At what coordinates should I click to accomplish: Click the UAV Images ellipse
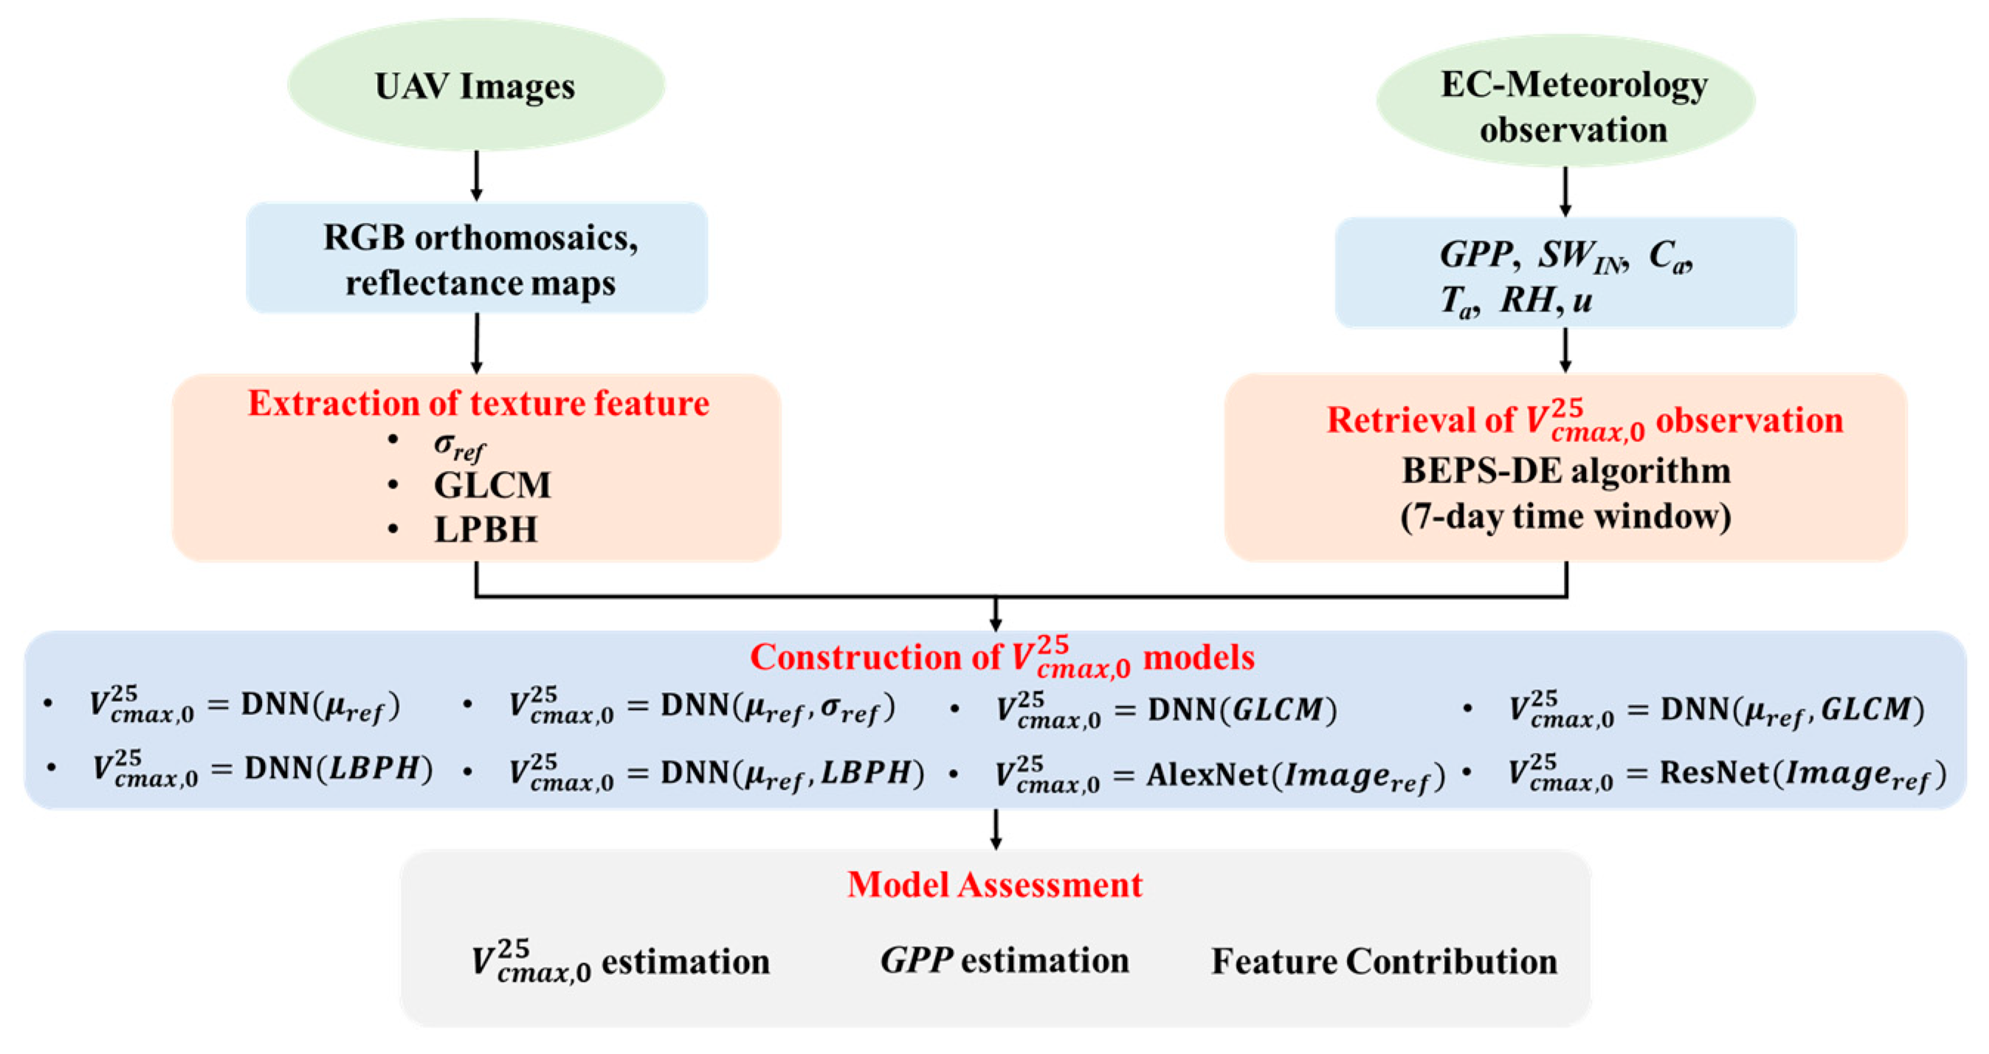475,85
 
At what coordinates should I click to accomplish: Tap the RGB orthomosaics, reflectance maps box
478,258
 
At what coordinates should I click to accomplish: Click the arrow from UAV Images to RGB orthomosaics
477,176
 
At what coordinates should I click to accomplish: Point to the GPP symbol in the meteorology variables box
1475,255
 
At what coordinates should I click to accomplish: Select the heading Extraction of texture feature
478,404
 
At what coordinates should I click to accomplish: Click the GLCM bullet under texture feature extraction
492,486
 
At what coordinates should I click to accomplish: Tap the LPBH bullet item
485,530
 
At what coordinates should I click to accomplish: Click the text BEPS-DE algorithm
1565,471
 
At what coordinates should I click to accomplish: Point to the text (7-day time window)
1565,516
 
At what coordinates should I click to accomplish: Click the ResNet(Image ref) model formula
1726,773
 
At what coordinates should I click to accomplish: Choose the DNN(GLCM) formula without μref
1166,709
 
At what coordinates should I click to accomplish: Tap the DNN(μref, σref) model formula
701,707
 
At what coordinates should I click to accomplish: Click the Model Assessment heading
995,885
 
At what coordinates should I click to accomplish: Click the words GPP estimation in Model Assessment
1004,961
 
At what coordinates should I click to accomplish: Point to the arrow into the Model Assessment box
996,830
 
